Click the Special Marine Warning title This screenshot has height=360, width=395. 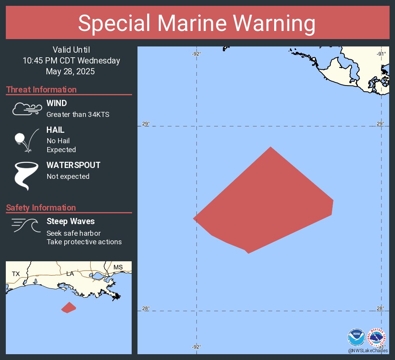coord(197,23)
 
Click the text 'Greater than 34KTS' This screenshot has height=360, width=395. coord(78,114)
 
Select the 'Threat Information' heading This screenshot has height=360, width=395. coord(41,90)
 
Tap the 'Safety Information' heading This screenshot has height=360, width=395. coord(41,208)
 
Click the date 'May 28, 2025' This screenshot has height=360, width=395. coord(70,71)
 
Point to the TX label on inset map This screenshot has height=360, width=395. coord(15,274)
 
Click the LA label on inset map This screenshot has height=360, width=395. coord(70,274)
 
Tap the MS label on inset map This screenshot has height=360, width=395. coord(118,267)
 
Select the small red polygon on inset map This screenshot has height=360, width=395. coord(69,308)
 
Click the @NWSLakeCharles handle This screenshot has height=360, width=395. coord(368,351)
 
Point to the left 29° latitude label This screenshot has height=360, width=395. coord(146,124)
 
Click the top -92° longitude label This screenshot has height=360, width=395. coord(196,54)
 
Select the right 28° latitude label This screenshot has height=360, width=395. coord(380,309)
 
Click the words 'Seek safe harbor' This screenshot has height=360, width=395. coord(74,233)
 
